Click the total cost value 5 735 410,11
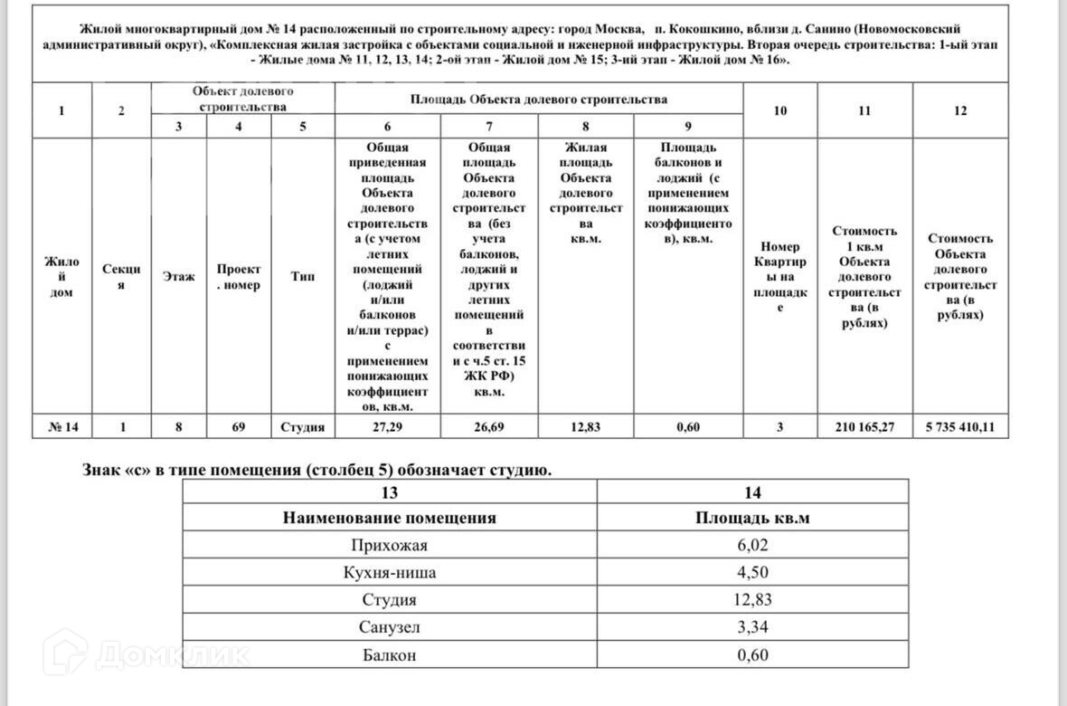point(960,427)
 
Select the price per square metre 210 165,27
point(864,427)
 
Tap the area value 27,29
point(387,427)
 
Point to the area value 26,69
point(488,427)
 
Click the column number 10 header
point(779,110)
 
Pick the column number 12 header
point(960,110)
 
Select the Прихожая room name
point(389,545)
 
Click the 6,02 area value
point(752,545)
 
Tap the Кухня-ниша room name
point(389,572)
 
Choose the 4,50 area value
point(752,572)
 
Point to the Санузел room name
point(389,626)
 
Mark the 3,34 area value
point(752,626)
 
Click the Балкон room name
point(389,654)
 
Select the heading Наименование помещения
point(389,518)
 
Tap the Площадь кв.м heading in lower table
point(752,518)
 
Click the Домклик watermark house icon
point(65,652)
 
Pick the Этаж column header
point(178,277)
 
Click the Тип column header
point(303,277)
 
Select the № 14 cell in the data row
point(61,427)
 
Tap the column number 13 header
point(389,492)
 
